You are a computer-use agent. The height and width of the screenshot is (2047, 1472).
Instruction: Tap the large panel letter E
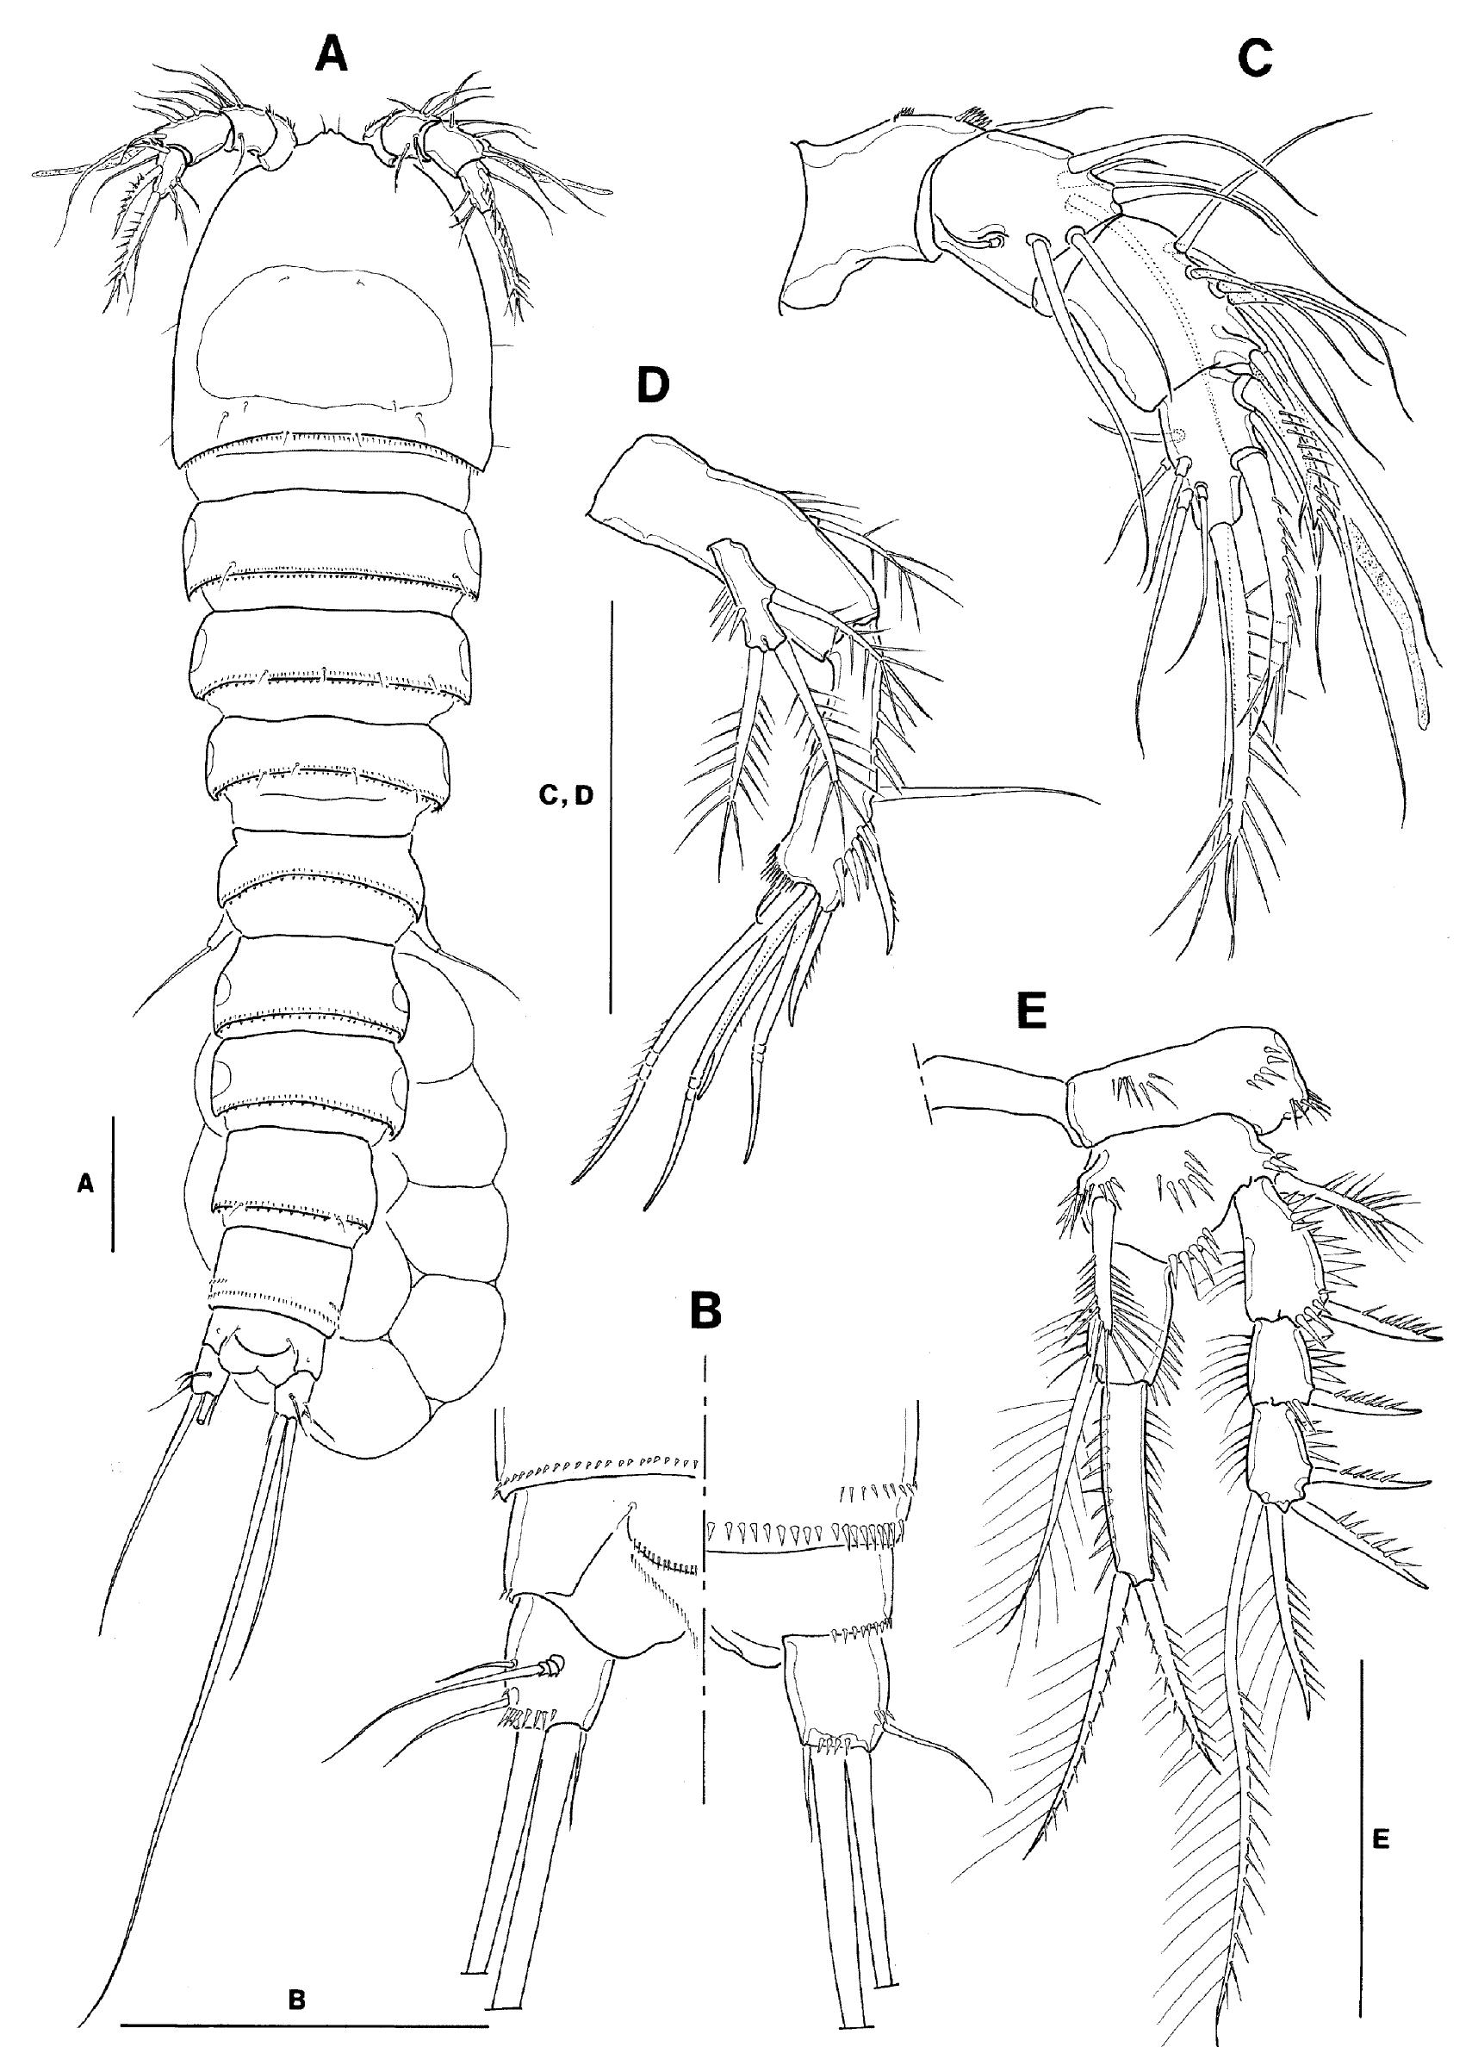pyautogui.click(x=1032, y=1012)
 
